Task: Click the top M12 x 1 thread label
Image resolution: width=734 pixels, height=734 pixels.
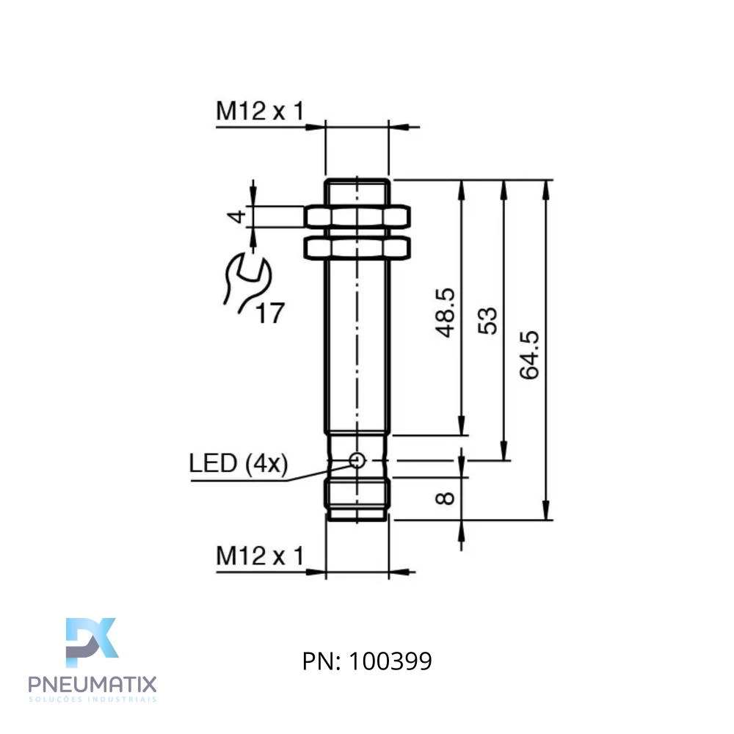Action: [260, 111]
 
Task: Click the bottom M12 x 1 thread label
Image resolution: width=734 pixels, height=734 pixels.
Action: [260, 556]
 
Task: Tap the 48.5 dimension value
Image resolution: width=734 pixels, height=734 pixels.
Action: [445, 312]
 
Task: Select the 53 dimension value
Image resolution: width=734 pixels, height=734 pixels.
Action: [487, 321]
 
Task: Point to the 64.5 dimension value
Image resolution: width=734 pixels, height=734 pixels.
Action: [529, 355]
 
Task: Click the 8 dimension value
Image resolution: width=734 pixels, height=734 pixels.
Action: [445, 498]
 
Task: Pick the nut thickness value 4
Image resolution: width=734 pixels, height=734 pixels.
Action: [236, 217]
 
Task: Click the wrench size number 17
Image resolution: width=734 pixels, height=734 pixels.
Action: [270, 313]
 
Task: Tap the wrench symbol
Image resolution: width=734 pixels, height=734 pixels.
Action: [247, 283]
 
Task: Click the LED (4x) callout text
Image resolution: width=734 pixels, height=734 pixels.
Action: [239, 463]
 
